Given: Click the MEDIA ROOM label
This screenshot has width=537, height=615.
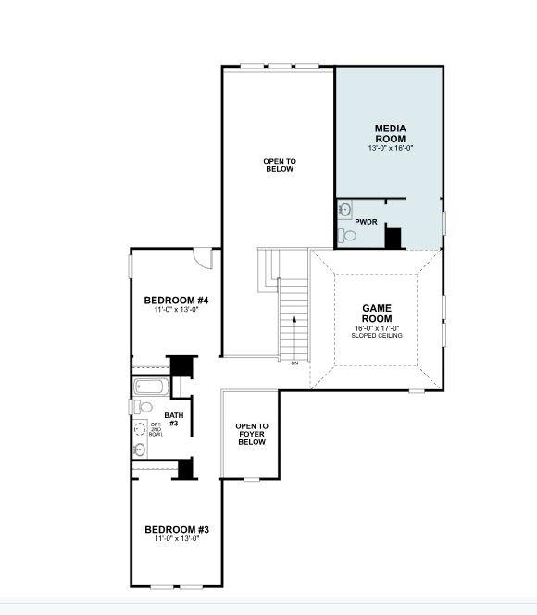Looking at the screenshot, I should click(x=390, y=133).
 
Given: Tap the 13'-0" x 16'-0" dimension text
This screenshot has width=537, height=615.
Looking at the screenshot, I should click(x=390, y=148).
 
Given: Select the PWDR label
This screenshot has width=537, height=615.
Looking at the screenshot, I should click(x=365, y=222).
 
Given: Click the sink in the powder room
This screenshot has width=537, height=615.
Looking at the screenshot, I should click(x=344, y=208).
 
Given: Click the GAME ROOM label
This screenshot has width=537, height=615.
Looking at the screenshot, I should click(x=377, y=314).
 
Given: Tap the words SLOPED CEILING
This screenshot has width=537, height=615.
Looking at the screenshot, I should click(x=377, y=335).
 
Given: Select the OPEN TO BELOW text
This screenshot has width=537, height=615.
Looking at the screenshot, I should click(x=278, y=165).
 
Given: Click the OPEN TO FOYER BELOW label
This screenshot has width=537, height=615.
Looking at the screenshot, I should click(x=251, y=434).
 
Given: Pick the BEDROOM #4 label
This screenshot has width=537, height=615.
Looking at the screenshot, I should click(x=176, y=301).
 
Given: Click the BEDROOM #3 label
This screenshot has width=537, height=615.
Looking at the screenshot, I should click(x=176, y=530).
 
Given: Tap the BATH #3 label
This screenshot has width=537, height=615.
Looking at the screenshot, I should click(x=174, y=419).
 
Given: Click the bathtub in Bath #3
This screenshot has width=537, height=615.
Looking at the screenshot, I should click(x=150, y=387).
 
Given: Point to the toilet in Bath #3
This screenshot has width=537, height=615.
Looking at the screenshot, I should click(x=144, y=407).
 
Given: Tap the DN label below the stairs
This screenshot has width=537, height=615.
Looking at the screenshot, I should click(x=294, y=363).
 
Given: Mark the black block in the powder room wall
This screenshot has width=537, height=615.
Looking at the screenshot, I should click(x=393, y=238).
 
